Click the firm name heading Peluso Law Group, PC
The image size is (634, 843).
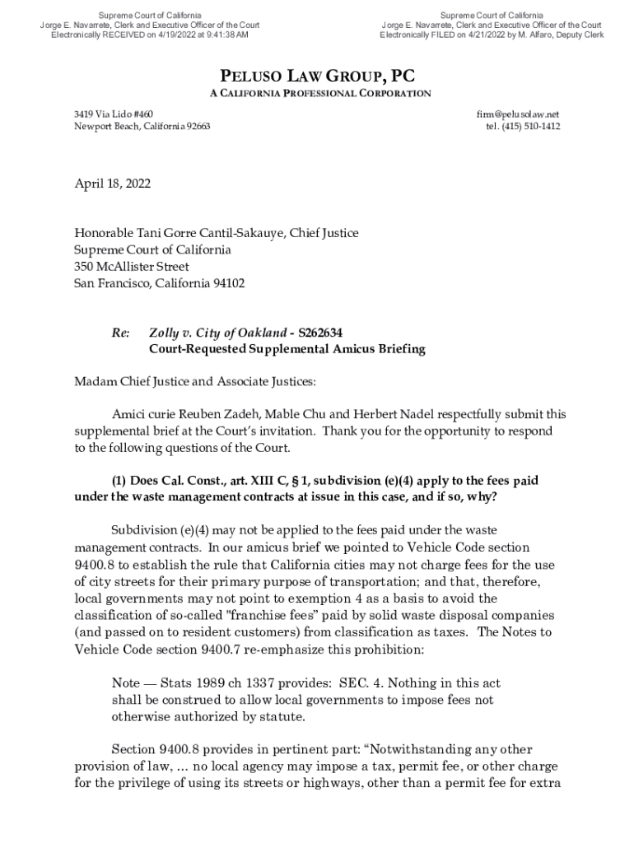(x=317, y=77)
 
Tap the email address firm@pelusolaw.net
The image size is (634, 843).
(x=524, y=114)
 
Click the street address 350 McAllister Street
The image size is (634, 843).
(x=132, y=267)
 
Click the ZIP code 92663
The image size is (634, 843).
(x=195, y=127)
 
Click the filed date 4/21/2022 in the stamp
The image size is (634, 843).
(x=492, y=35)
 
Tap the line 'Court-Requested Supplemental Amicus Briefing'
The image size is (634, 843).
(x=287, y=349)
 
